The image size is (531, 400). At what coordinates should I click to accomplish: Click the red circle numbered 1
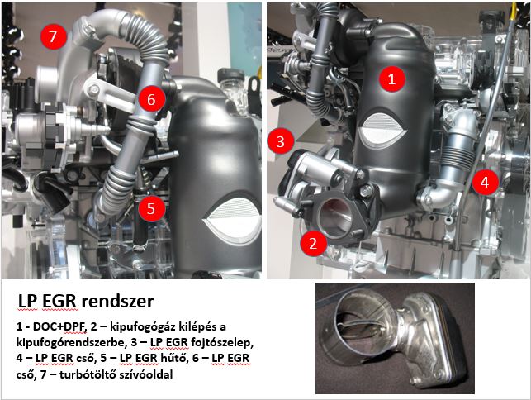[x=391, y=79]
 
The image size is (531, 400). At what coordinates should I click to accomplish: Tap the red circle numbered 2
[x=313, y=243]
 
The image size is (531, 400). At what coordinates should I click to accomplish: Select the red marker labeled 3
[x=281, y=141]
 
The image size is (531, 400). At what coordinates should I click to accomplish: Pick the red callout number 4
[x=485, y=183]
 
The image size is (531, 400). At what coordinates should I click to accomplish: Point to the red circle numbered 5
[x=151, y=208]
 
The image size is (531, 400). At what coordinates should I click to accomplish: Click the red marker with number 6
[x=151, y=99]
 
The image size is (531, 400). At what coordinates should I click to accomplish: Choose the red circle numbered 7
[x=53, y=36]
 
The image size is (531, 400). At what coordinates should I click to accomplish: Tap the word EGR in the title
[x=59, y=301]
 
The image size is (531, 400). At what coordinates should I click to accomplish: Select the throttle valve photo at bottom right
[x=395, y=338]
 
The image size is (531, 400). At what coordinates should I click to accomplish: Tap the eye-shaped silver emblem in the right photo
[x=382, y=131]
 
